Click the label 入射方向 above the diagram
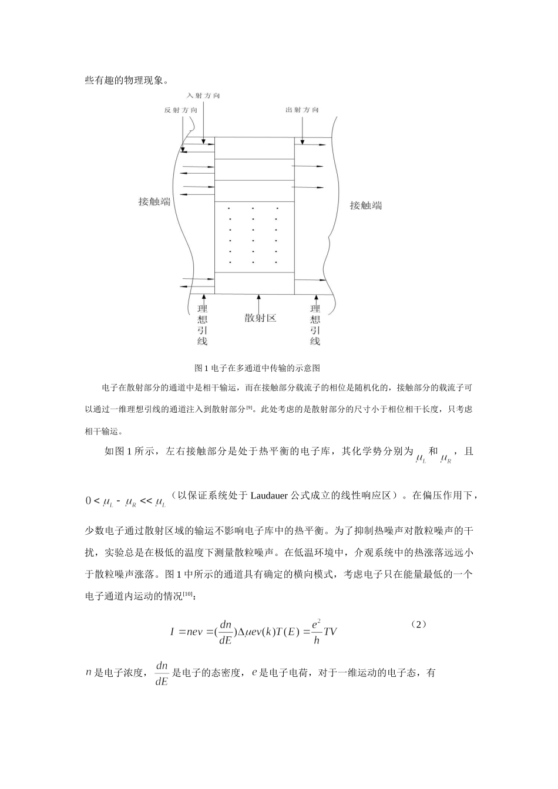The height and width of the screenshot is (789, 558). click(x=203, y=96)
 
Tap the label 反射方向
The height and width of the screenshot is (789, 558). click(x=181, y=110)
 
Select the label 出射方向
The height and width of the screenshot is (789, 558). click(x=302, y=110)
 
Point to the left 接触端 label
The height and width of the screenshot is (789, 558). click(x=154, y=201)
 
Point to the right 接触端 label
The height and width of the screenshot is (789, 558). click(x=366, y=205)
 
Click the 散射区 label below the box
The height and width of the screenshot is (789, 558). click(x=260, y=318)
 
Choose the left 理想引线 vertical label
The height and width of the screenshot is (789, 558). click(x=202, y=325)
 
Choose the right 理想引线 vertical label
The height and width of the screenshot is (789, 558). click(x=315, y=325)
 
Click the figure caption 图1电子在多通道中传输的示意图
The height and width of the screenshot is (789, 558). click(x=257, y=368)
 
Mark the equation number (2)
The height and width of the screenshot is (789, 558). click(x=418, y=625)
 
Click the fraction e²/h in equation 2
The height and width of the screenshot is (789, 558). click(x=317, y=632)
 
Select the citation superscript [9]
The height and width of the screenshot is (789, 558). click(x=249, y=407)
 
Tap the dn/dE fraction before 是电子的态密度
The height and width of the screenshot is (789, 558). click(x=162, y=673)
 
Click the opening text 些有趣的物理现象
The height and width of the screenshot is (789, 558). click(x=126, y=80)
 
